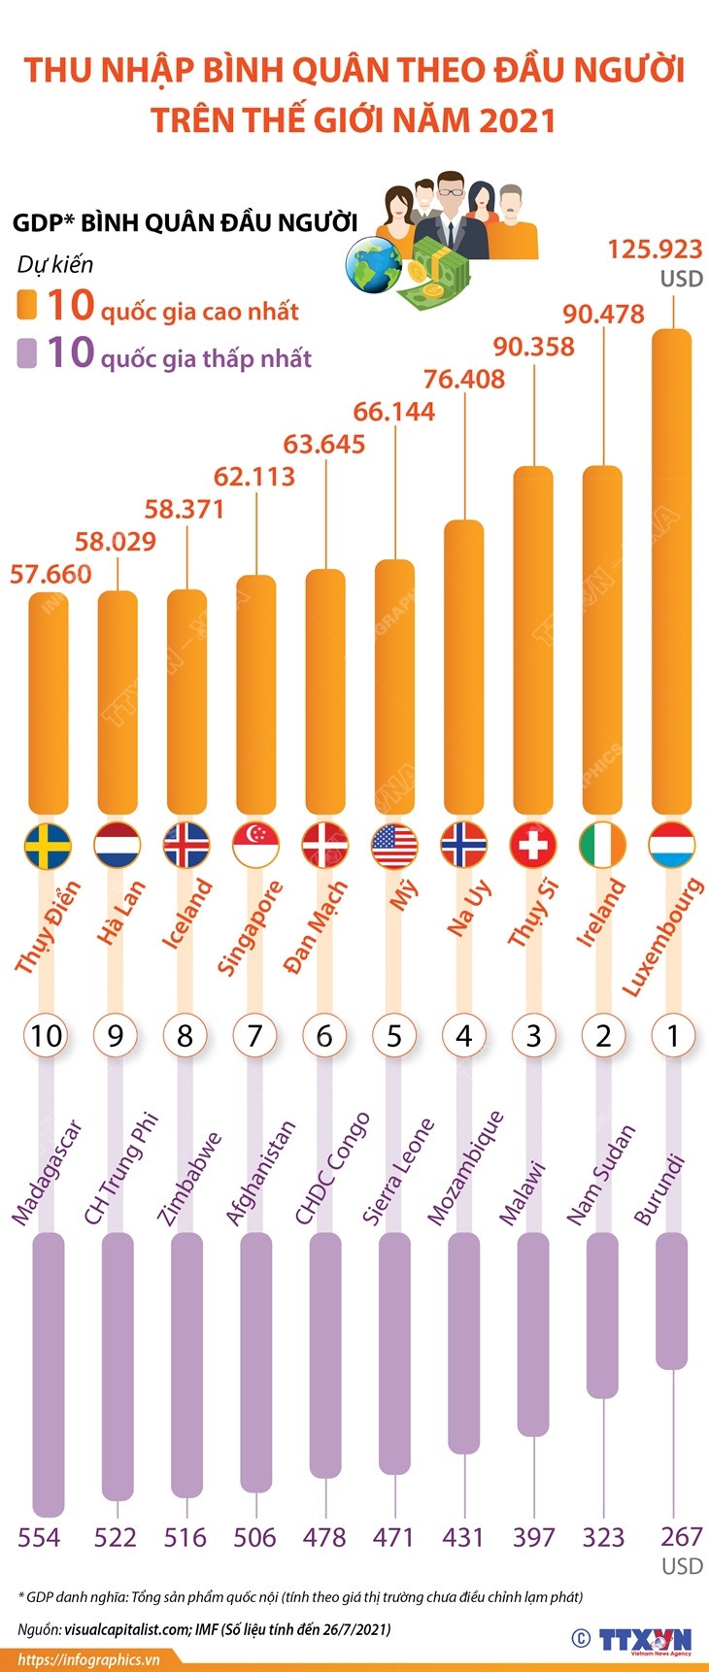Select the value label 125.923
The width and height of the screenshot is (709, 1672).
655,250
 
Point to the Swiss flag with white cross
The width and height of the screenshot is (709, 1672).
533,845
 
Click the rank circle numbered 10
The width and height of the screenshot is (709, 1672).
46,1036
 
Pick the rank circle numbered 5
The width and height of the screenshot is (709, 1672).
393,1036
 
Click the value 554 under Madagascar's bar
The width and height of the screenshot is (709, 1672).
39,1537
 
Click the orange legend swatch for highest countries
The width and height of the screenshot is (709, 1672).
27,305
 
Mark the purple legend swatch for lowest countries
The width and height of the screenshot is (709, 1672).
27,352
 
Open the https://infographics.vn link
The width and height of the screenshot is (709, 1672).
88,1659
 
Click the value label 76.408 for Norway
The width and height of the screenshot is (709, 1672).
464,379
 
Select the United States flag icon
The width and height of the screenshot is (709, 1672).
394,845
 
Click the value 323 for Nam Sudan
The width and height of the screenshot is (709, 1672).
603,1537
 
